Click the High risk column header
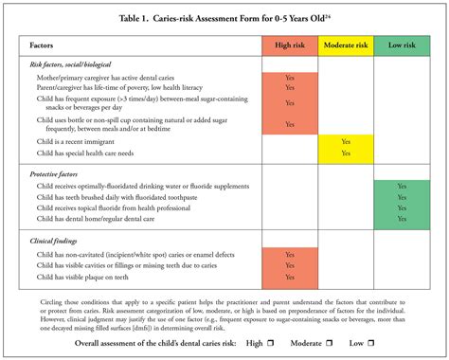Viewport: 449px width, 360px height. (289, 45)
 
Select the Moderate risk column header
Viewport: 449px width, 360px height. (346, 45)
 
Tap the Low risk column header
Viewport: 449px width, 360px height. (401, 45)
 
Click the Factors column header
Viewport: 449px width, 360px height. (42, 45)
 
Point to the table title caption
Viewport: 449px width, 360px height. (224, 18)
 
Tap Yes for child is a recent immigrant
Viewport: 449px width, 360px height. (346, 139)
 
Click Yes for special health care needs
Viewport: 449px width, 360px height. (346, 152)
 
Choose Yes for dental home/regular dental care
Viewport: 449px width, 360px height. (401, 219)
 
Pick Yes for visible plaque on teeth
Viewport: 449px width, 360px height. (289, 277)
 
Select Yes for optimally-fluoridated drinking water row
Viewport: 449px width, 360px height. (401, 186)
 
